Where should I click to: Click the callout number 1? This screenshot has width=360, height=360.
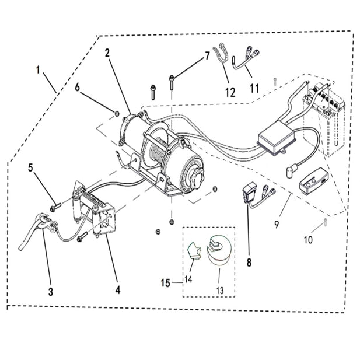pos(38,70)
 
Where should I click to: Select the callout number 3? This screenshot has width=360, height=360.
pos(51,291)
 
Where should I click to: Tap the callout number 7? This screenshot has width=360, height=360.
pos(206,57)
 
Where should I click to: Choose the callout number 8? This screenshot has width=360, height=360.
pos(249,263)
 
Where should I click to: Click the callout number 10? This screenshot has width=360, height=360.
pos(308,239)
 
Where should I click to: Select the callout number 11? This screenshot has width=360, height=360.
pos(254,88)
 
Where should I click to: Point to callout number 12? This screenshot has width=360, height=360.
pos(229,92)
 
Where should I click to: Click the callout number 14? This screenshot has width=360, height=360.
pos(188,279)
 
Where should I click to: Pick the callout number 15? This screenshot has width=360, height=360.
pos(166,283)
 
